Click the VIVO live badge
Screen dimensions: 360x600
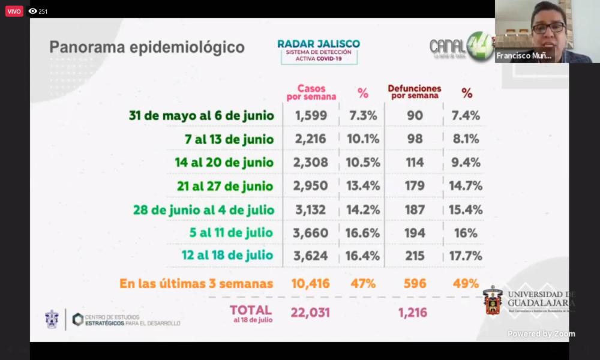pos(14,11)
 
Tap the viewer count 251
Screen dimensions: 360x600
pos(43,11)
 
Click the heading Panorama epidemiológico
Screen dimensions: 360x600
pos(147,47)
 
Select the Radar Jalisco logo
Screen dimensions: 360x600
pos(319,51)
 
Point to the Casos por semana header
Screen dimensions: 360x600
pos(311,92)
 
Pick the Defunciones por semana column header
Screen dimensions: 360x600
pos(415,92)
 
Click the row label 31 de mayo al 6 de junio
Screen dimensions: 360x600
pos(202,116)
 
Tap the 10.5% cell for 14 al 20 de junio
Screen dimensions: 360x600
pos(362,163)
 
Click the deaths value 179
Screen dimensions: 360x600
pos(415,186)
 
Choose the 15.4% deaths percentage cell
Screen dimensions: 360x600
pos(466,209)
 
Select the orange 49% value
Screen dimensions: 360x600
pos(466,284)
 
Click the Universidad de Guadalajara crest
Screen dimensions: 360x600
pos(493,301)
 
